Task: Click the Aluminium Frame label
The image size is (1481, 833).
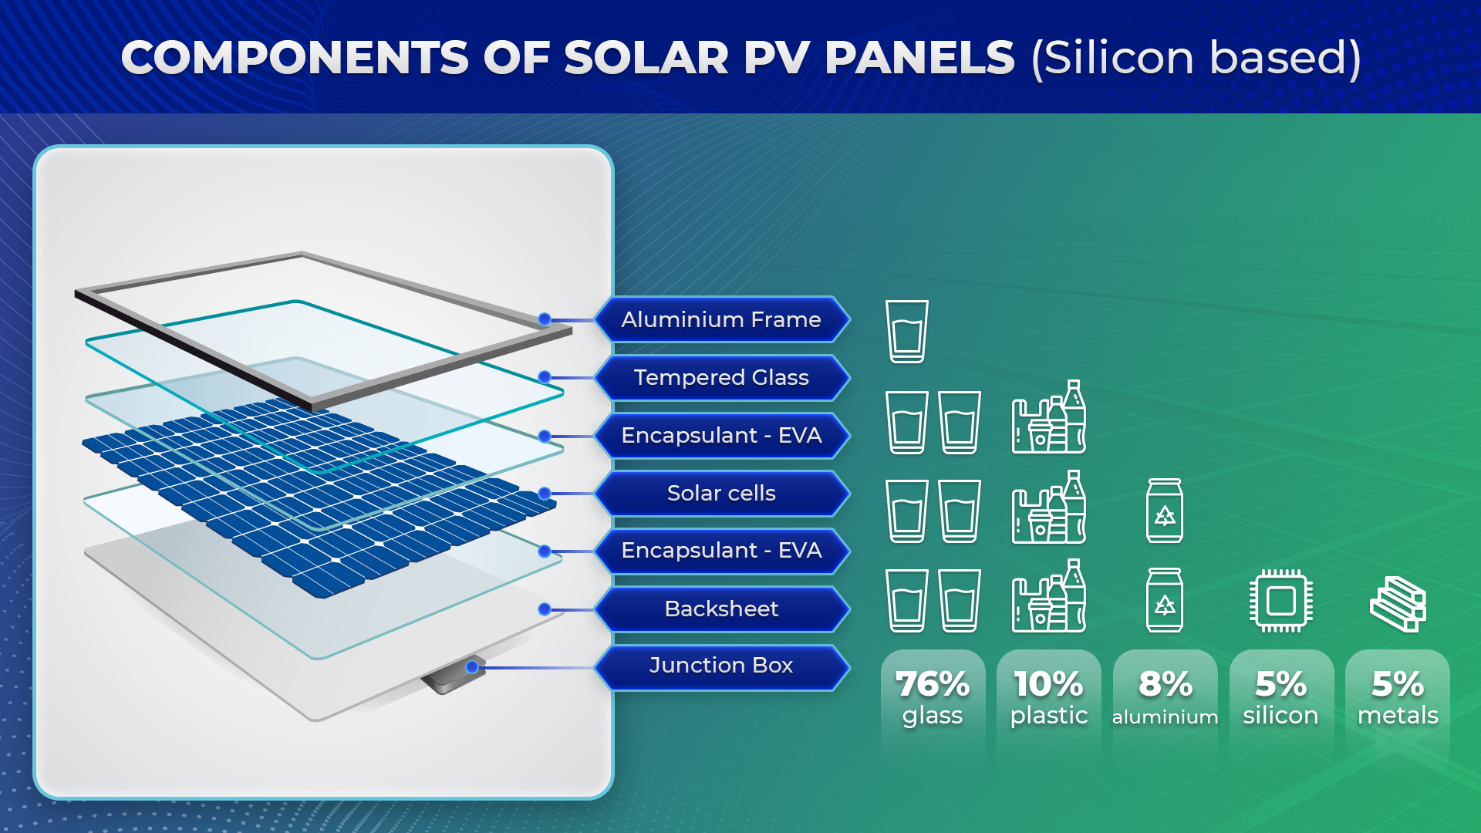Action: coord(721,319)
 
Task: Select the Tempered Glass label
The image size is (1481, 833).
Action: coord(721,377)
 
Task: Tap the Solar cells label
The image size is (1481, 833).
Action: coord(721,493)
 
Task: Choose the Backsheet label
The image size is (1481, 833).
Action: coord(721,609)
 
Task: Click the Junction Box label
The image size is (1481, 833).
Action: coord(721,666)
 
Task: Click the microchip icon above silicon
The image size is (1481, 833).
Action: coord(1281,601)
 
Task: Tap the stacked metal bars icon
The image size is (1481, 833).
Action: coord(1398,603)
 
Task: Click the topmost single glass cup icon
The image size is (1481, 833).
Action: coord(907,332)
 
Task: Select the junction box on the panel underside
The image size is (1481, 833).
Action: coord(451,676)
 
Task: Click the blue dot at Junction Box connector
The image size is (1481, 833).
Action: coord(472,667)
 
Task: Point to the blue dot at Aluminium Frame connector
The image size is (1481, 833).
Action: coord(545,319)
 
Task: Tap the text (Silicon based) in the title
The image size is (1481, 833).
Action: coord(1196,58)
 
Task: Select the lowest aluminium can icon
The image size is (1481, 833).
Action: coord(1165,601)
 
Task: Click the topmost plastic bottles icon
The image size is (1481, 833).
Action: coord(1049,417)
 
